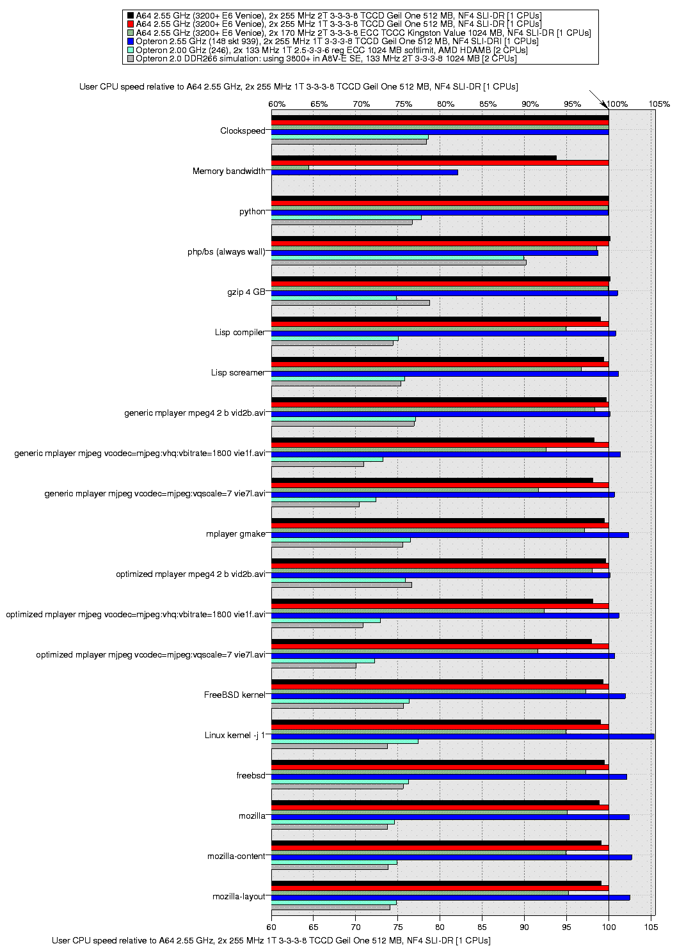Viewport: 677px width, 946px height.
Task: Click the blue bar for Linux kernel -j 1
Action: [x=463, y=737]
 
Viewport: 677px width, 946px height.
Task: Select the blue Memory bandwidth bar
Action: [x=364, y=172]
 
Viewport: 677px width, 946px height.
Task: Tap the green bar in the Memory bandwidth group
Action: [x=290, y=168]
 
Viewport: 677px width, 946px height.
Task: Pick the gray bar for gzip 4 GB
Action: [x=350, y=303]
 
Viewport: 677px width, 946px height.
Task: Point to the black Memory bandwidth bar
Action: [x=414, y=158]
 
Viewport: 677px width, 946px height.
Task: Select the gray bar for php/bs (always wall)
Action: [x=399, y=263]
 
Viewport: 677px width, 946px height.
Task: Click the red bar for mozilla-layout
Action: [x=440, y=888]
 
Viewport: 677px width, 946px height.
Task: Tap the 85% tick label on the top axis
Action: [x=488, y=104]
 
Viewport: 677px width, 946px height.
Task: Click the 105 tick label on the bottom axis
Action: [x=651, y=927]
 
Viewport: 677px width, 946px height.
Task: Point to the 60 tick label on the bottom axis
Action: [x=271, y=927]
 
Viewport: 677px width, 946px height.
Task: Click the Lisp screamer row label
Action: [x=238, y=373]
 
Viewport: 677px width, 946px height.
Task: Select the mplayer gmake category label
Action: [x=236, y=534]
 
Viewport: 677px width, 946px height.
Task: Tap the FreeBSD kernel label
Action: [x=235, y=695]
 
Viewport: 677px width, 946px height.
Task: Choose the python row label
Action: [x=252, y=212]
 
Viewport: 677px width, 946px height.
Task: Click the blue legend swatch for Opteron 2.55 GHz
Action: [x=131, y=42]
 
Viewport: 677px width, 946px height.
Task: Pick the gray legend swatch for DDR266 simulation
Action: [x=131, y=59]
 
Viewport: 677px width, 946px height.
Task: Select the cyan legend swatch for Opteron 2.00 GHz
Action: [x=131, y=50]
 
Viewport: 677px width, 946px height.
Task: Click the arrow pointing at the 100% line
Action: [x=599, y=100]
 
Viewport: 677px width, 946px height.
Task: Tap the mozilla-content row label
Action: [x=236, y=856]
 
